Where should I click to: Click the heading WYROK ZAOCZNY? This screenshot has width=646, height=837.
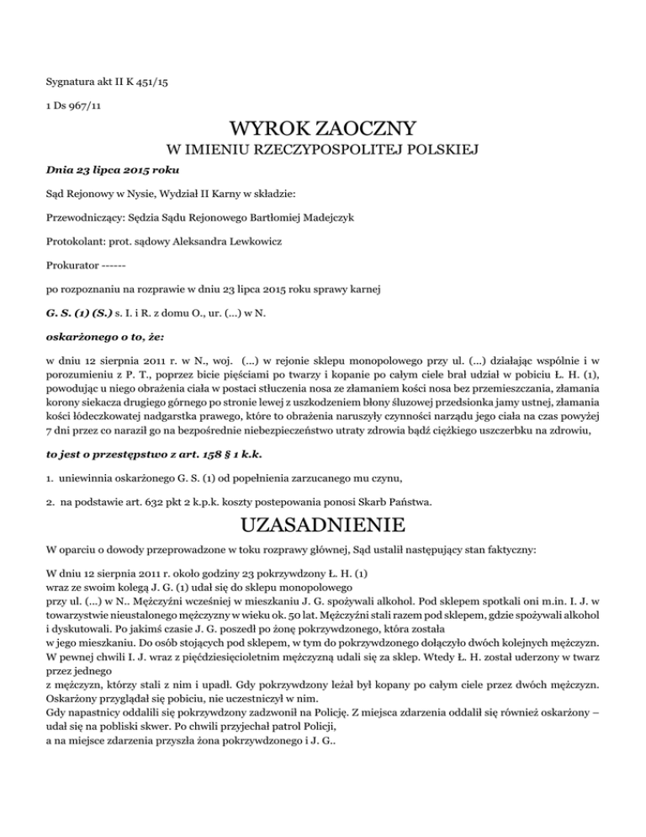point(323,131)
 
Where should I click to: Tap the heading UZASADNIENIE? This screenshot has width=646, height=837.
point(323,528)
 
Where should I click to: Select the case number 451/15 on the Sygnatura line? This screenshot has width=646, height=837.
point(155,82)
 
